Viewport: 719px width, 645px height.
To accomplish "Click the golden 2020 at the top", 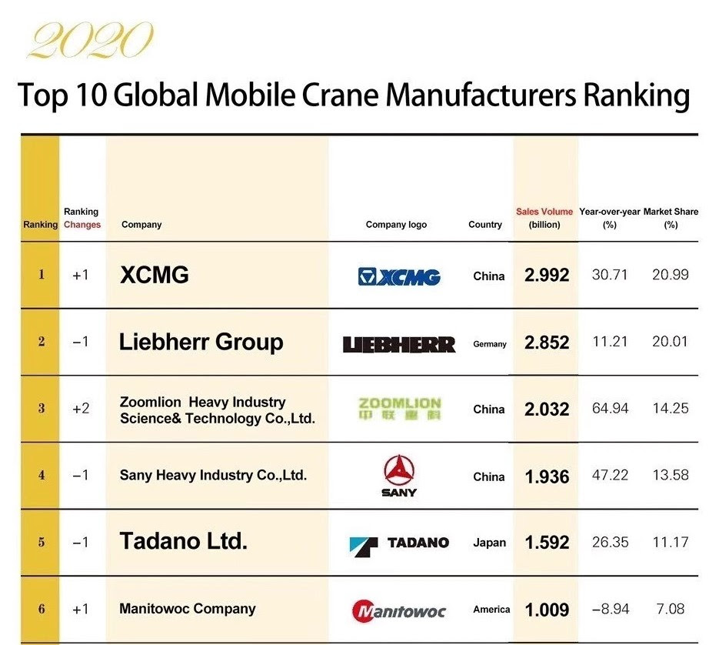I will click(x=89, y=41).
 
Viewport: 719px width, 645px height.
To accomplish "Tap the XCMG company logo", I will click(x=399, y=276).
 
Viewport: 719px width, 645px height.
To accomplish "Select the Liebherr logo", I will click(x=398, y=344).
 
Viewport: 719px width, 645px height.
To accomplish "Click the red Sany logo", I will click(x=398, y=475).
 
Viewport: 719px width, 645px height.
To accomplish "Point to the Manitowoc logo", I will click(x=398, y=611).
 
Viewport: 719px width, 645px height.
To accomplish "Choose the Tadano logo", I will click(x=398, y=543).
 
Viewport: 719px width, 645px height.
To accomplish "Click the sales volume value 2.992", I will click(x=547, y=276).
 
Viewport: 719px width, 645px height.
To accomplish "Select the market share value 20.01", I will click(x=670, y=342).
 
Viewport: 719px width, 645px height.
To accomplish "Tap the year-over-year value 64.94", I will click(x=611, y=408).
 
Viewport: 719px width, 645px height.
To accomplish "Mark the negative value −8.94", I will click(x=611, y=609).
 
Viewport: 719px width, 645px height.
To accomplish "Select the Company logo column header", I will click(x=396, y=225).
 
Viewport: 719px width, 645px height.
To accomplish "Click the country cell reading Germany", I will click(x=490, y=344).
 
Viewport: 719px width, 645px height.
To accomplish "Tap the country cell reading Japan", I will click(x=490, y=542).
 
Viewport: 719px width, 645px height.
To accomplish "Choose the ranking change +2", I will click(x=81, y=409).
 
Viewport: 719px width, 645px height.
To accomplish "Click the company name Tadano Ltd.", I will click(x=183, y=541).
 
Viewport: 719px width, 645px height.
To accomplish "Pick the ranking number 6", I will click(x=42, y=609).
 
